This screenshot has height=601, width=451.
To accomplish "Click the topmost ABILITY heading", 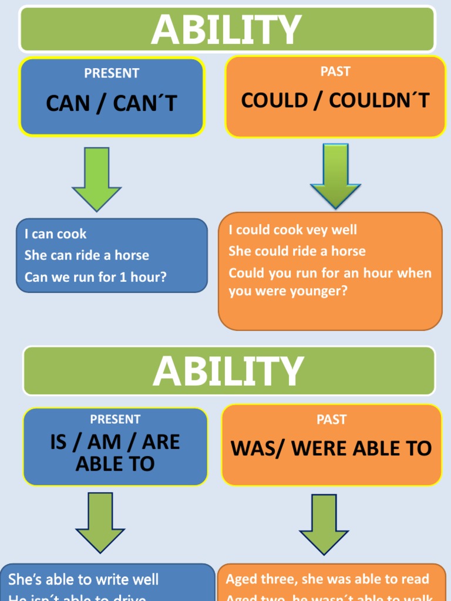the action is [x=226, y=30].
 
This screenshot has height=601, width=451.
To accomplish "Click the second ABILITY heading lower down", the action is [x=228, y=372].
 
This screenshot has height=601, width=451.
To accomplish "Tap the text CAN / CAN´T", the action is [x=112, y=104].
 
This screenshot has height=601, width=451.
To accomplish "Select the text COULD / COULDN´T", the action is [x=335, y=100].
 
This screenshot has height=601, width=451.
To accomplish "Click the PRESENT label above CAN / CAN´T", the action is [x=112, y=73].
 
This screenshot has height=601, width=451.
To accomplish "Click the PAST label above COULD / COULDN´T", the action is [x=335, y=72].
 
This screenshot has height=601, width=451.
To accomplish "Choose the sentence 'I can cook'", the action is [x=55, y=234].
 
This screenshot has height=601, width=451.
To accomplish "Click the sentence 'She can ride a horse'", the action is [x=86, y=255].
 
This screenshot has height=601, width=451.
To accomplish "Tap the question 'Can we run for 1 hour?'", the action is [x=95, y=277].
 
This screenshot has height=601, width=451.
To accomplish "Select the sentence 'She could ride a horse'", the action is [x=297, y=251].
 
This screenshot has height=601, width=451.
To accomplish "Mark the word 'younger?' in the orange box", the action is [x=319, y=291].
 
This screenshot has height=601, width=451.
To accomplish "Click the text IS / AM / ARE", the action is [x=115, y=442].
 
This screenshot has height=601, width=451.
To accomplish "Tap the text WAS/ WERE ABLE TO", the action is [x=331, y=448].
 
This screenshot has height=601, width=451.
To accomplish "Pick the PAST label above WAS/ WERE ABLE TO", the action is [x=331, y=420].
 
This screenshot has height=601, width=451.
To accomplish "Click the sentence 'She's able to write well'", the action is [x=83, y=580].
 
